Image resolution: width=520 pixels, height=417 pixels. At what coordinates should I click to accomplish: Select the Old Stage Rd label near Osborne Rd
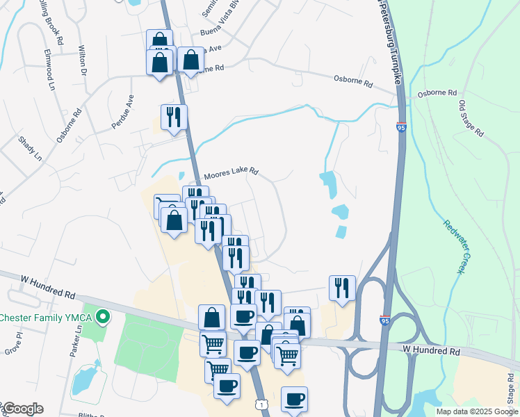470,119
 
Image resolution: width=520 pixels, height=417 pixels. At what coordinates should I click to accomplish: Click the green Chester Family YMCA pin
104,318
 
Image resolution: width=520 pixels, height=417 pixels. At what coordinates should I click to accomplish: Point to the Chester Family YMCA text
46,318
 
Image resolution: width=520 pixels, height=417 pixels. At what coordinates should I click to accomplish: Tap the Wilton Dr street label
82,61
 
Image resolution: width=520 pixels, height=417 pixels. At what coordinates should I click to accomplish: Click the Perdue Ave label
121,112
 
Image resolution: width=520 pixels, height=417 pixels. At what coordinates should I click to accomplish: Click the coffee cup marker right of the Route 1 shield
294,399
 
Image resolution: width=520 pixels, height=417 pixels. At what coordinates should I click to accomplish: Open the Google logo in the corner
22,409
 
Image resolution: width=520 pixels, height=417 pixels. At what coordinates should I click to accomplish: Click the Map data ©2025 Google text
476,411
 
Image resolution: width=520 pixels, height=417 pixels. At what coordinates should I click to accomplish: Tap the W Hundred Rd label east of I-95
432,352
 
